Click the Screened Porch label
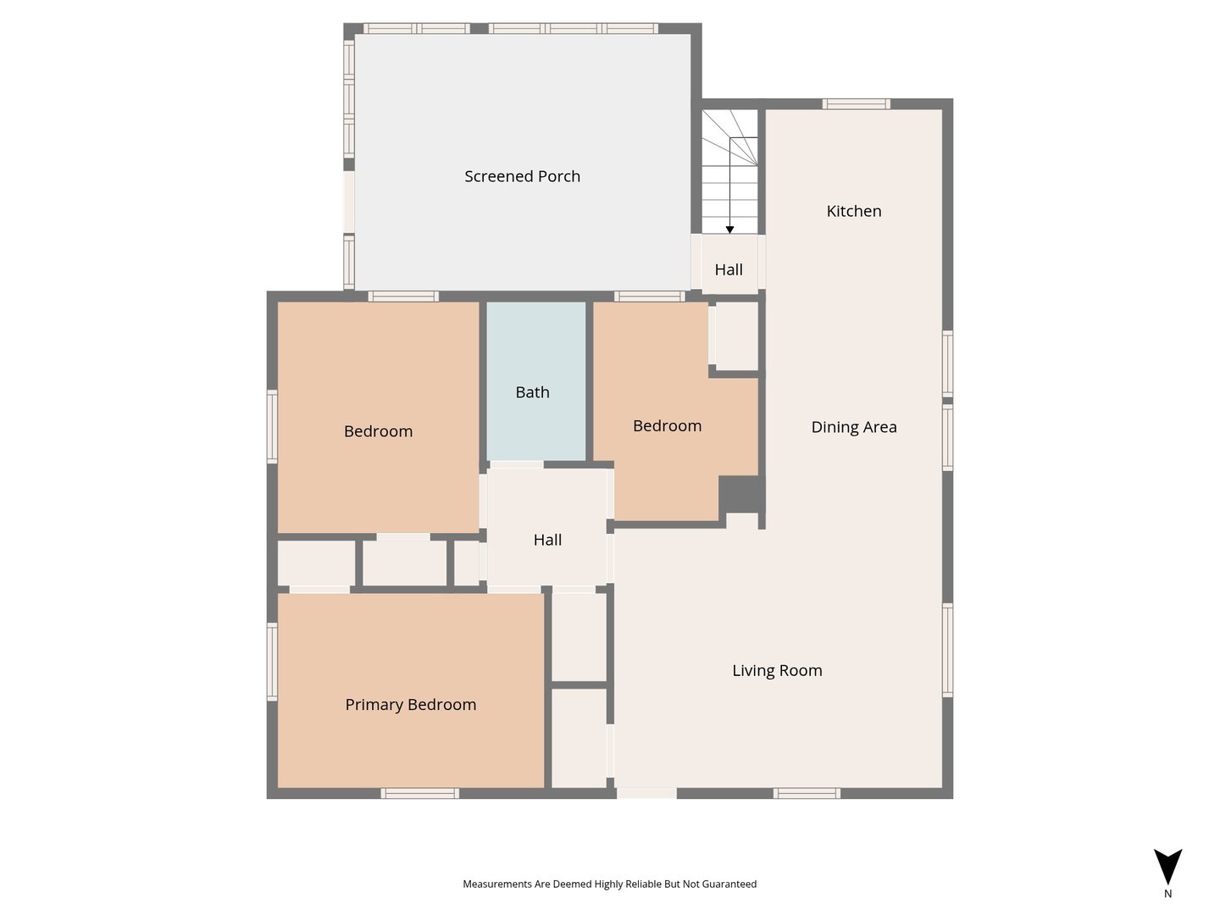pyautogui.click(x=522, y=177)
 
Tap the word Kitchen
pyautogui.click(x=854, y=211)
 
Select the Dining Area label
pyautogui.click(x=854, y=427)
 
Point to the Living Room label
pyautogui.click(x=777, y=670)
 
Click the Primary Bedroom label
pyautogui.click(x=411, y=705)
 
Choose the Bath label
pyautogui.click(x=532, y=392)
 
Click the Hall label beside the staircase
pyautogui.click(x=729, y=269)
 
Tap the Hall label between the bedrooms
pyautogui.click(x=547, y=540)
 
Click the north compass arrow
pyautogui.click(x=1167, y=867)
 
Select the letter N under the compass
pyautogui.click(x=1167, y=894)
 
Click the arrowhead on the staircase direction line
pyautogui.click(x=729, y=230)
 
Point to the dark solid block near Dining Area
pyautogui.click(x=742, y=495)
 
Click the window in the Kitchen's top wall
pyautogui.click(x=856, y=104)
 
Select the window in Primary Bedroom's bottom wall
pyautogui.click(x=419, y=793)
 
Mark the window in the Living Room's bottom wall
pyautogui.click(x=807, y=793)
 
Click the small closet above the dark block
pyautogui.click(x=736, y=335)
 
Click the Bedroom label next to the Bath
pyautogui.click(x=667, y=426)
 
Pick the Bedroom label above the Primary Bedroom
pyautogui.click(x=378, y=432)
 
